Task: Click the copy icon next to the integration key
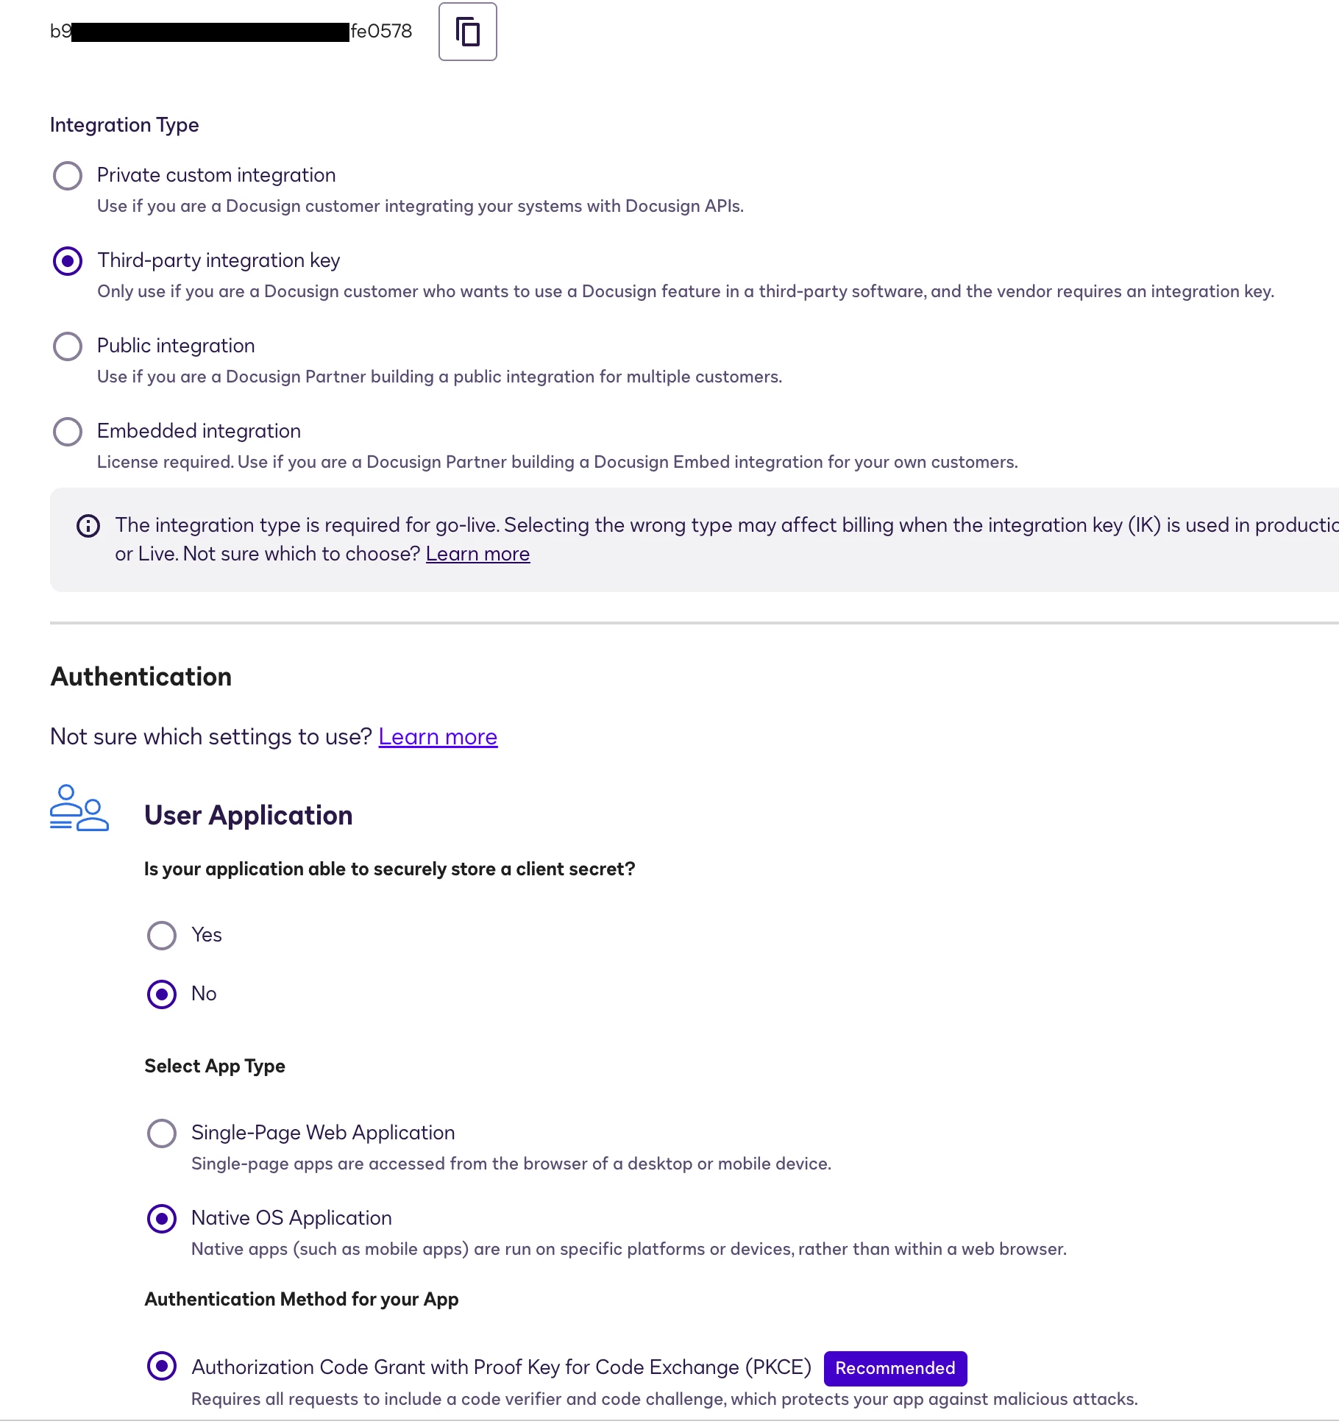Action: (x=467, y=32)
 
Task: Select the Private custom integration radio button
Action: (x=68, y=176)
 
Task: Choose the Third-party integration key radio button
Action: (x=68, y=261)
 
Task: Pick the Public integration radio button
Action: (x=68, y=346)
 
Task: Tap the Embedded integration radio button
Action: (x=68, y=432)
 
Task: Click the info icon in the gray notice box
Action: (x=88, y=526)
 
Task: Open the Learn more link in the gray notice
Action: (x=477, y=554)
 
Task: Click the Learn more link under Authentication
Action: (x=438, y=737)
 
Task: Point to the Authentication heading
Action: (x=141, y=677)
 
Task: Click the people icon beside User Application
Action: (x=79, y=808)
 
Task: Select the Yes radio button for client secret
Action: (x=162, y=936)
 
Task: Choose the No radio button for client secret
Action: (x=162, y=994)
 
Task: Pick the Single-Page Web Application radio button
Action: (x=162, y=1133)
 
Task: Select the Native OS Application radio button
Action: (x=162, y=1219)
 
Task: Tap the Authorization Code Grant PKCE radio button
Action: (x=162, y=1366)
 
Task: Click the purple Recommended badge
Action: (x=895, y=1368)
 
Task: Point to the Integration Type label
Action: (x=124, y=125)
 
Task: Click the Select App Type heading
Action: (x=215, y=1066)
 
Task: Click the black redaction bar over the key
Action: (x=210, y=32)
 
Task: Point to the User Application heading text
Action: (x=249, y=816)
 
